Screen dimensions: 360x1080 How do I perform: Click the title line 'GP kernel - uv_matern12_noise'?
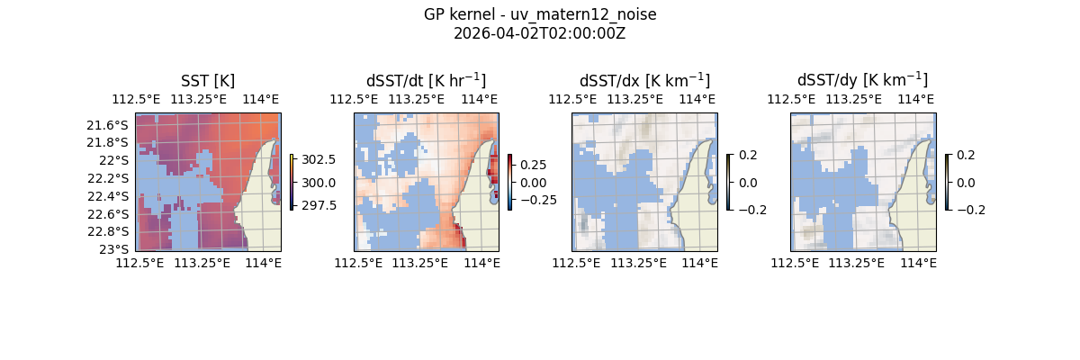coord(539,15)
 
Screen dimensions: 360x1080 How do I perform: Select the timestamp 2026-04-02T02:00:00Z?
coord(539,33)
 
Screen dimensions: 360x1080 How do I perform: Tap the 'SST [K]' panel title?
coord(208,80)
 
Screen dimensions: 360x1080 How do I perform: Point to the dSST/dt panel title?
coord(426,80)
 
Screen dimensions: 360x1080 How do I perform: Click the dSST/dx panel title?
coord(644,80)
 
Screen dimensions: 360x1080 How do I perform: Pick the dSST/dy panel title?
coord(862,80)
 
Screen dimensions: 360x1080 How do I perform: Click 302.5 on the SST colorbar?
coord(318,159)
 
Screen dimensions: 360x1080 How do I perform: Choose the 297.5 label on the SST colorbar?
coord(318,205)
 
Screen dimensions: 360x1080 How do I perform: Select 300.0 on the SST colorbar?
coord(318,183)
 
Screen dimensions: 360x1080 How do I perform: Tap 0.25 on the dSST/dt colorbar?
coord(534,165)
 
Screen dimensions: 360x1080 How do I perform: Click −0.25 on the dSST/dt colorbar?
coord(537,200)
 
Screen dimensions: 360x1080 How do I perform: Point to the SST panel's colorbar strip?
coord(292,182)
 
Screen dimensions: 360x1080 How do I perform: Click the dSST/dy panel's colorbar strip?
coord(947,182)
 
